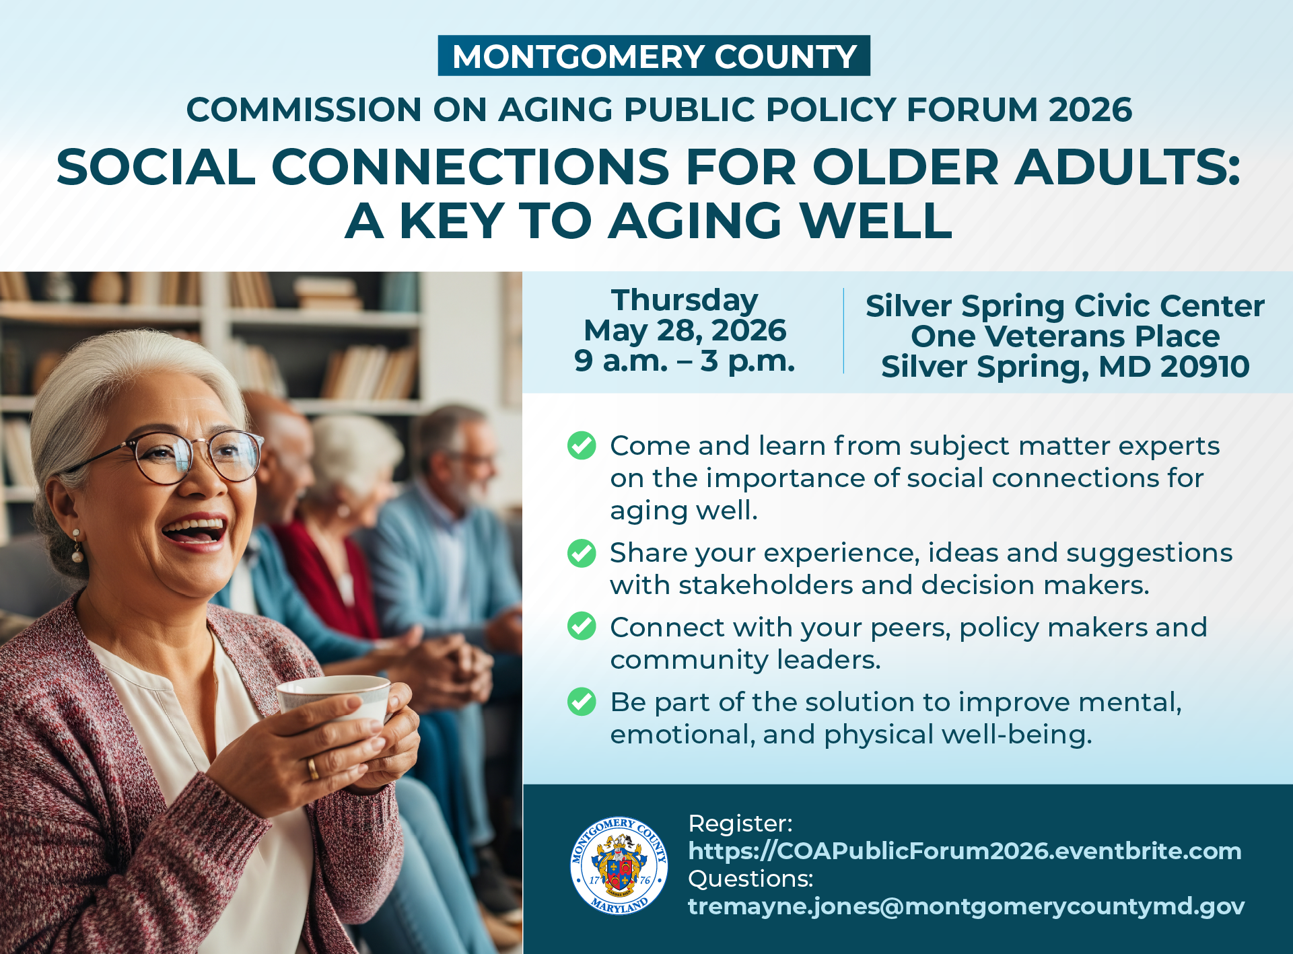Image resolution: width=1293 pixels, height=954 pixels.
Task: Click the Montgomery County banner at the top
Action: pos(654,56)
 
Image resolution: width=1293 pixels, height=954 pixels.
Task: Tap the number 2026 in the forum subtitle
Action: pos(1090,110)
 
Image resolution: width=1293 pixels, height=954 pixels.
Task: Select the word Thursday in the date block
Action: pos(685,300)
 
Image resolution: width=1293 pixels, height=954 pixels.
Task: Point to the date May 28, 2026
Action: pos(685,330)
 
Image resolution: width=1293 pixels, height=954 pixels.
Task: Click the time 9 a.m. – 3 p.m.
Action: pos(685,361)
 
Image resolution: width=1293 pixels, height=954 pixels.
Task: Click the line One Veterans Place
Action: pos(1065,336)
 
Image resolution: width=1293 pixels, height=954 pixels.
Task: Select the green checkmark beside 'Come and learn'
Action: pos(582,445)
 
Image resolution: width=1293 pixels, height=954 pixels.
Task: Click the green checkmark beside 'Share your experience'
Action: pos(582,553)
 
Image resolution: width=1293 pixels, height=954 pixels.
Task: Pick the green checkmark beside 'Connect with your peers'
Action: pos(582,626)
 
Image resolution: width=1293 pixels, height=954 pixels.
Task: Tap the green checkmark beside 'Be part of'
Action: pos(582,702)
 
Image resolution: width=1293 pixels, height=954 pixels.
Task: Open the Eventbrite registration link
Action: pos(965,851)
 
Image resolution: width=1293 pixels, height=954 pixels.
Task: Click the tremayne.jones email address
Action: pos(966,906)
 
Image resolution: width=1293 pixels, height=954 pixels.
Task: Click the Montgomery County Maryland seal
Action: pos(619,866)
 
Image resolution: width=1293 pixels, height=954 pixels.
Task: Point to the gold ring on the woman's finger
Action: pos(313,768)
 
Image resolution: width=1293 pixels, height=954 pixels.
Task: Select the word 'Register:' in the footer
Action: pos(740,823)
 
